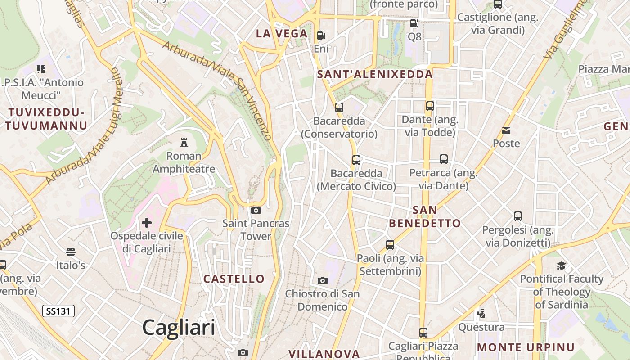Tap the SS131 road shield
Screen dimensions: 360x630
pyautogui.click(x=58, y=311)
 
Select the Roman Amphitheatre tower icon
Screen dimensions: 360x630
pyautogui.click(x=184, y=143)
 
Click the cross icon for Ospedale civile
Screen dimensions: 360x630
pyautogui.click(x=147, y=222)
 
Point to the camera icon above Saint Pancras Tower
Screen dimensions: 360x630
pyautogui.click(x=256, y=210)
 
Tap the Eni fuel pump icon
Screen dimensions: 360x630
pyautogui.click(x=321, y=35)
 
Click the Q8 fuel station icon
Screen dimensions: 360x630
pyautogui.click(x=414, y=23)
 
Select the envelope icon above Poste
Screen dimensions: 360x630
pyautogui.click(x=506, y=130)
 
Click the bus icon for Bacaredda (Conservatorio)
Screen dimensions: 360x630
pyautogui.click(x=339, y=108)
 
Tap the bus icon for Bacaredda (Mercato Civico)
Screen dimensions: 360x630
pyautogui.click(x=356, y=160)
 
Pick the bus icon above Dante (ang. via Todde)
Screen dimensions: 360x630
pyautogui.click(x=430, y=106)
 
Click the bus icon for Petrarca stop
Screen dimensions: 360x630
pyautogui.click(x=444, y=159)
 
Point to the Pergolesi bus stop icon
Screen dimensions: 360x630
pyautogui.click(x=518, y=216)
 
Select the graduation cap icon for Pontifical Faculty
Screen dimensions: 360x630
pyautogui.click(x=561, y=265)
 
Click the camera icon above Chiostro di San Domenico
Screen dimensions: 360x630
pyautogui.click(x=323, y=280)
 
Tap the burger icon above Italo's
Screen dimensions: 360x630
pyautogui.click(x=71, y=252)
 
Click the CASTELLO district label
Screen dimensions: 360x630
pyautogui.click(x=234, y=279)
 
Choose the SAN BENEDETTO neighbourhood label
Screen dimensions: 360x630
pyautogui.click(x=425, y=216)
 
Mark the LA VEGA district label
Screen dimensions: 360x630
pyautogui.click(x=282, y=33)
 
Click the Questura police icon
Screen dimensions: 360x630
pyautogui.click(x=481, y=313)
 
